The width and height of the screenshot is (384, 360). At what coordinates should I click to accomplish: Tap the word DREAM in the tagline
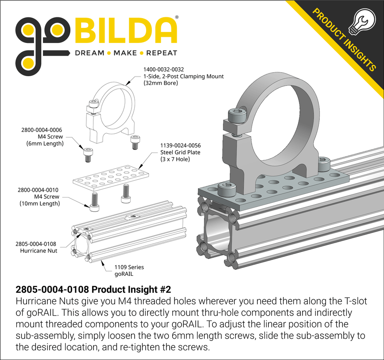coord(89,53)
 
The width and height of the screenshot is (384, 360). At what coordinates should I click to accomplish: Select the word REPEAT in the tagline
coord(162,53)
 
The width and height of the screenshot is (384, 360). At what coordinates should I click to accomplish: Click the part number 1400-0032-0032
coord(163,70)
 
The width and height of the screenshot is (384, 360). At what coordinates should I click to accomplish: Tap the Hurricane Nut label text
coord(39,251)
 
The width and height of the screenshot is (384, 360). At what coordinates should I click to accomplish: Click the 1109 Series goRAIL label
coord(129,270)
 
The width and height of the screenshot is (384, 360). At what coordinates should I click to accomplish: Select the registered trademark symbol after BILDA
coord(177,17)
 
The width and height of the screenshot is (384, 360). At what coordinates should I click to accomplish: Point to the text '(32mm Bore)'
coord(160,83)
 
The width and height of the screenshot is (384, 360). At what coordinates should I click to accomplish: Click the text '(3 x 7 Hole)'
coord(175,159)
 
